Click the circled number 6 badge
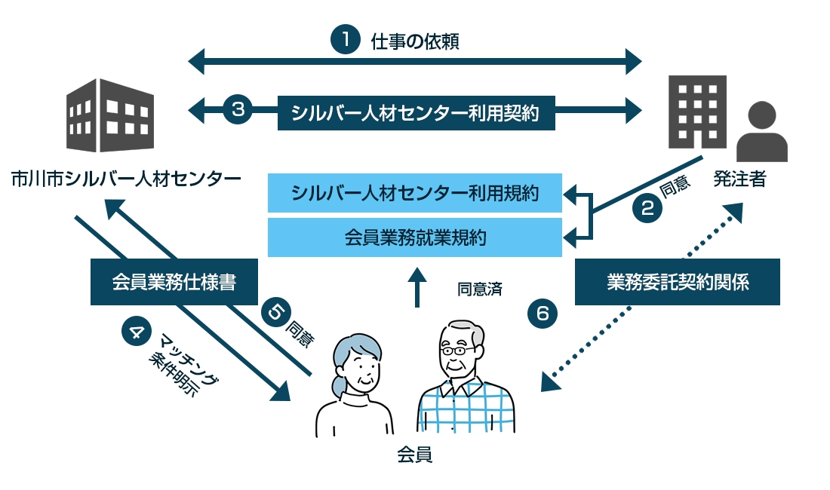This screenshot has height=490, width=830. (542, 312)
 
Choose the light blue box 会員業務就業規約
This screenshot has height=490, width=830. (415, 237)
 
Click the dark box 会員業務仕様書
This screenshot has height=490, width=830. (174, 282)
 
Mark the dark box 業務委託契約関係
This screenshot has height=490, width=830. (677, 282)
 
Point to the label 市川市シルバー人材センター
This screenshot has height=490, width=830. (126, 179)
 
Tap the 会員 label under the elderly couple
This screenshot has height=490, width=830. (414, 455)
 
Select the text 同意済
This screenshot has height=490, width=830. (478, 288)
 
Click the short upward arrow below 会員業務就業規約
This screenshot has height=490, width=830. (416, 289)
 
